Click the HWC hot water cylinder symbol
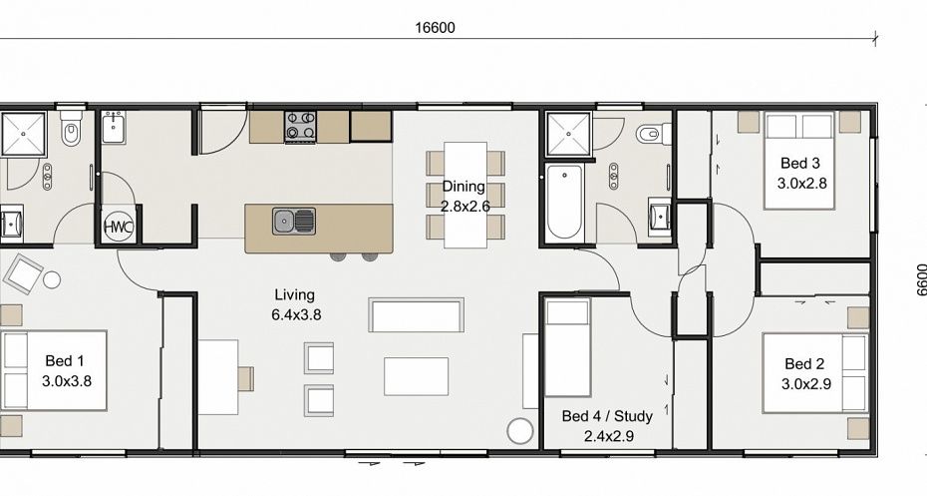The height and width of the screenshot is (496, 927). point(119,227)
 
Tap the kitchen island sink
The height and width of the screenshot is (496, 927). point(294,221)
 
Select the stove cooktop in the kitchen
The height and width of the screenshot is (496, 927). point(300,126)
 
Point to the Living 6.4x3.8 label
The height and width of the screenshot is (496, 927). point(296,304)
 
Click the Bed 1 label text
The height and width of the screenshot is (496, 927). point(66,370)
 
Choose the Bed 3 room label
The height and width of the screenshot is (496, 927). point(801,173)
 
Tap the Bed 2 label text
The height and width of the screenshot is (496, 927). point(805,374)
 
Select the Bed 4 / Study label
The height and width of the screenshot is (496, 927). point(607,426)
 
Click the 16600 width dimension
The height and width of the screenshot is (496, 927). point(436,28)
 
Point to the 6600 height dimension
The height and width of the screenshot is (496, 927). point(920,280)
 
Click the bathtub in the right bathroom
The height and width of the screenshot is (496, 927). point(564,203)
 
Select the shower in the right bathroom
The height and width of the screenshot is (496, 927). point(568,135)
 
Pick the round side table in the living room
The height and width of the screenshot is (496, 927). point(520,431)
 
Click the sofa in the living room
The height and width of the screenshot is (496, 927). point(417,315)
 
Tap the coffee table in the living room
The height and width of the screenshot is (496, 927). point(417,376)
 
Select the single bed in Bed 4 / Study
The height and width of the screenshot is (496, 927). point(567,347)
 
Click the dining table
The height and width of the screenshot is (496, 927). point(465,195)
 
